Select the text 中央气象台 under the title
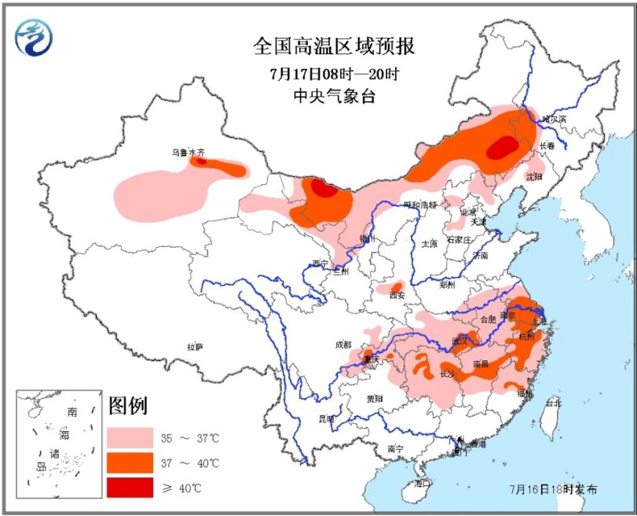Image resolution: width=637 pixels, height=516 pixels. [x=333, y=98]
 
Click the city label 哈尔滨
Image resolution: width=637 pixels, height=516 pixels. [x=553, y=119]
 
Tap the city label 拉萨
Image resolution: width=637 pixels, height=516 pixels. [x=195, y=346]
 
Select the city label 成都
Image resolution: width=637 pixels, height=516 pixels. [x=342, y=345]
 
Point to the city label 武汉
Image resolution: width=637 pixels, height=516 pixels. [x=461, y=341]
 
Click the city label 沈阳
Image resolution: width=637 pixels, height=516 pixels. [x=534, y=177]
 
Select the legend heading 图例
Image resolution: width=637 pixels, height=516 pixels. [x=128, y=405]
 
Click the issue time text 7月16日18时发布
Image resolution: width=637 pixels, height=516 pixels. [x=552, y=488]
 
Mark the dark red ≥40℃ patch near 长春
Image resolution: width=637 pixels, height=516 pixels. [x=503, y=147]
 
